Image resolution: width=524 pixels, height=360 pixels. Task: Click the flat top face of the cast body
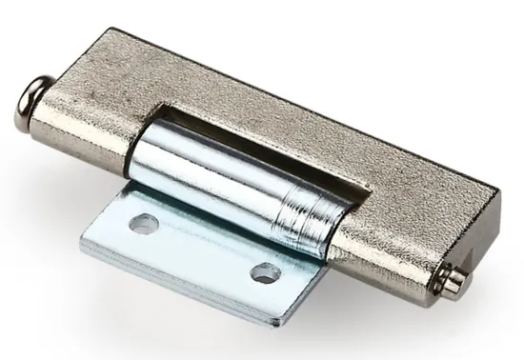coord(314,114)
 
